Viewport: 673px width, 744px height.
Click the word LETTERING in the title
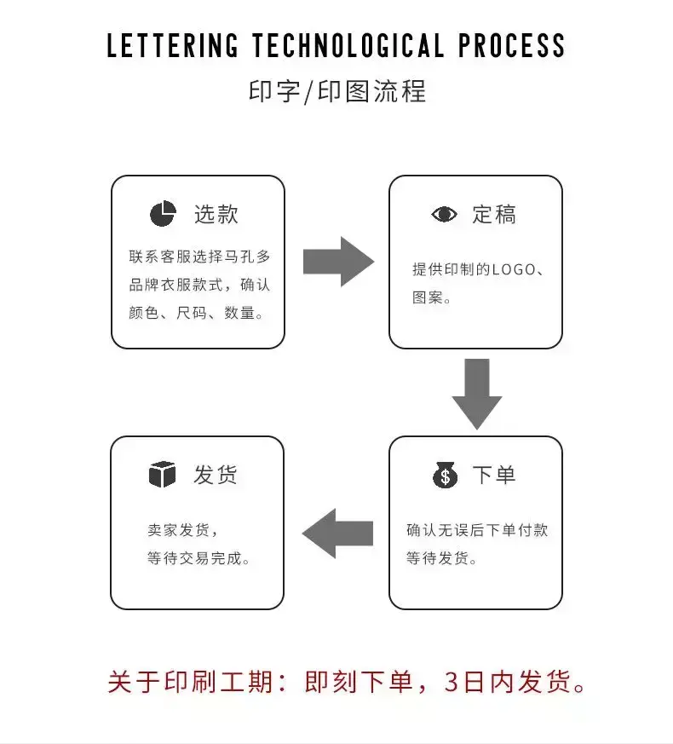click(x=172, y=46)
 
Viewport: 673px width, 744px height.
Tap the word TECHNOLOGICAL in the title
click(x=348, y=46)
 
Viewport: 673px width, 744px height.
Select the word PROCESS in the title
click(x=511, y=46)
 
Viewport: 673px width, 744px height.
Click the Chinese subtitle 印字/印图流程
click(x=336, y=91)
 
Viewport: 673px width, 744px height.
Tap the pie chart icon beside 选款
click(x=163, y=214)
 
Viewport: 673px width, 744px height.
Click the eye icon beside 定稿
click(x=444, y=215)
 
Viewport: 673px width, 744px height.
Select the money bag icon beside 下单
click(x=445, y=474)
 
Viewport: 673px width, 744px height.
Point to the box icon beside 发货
click(x=162, y=475)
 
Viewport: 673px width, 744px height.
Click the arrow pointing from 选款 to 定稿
click(x=338, y=262)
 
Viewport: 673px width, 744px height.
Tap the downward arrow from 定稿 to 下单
click(x=476, y=393)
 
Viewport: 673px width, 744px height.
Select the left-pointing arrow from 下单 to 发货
click(x=337, y=533)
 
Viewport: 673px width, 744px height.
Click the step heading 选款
click(x=216, y=214)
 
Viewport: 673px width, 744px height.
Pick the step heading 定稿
click(x=494, y=215)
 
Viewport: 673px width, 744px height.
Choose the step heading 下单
click(x=494, y=475)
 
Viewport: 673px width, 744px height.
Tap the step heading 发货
click(x=216, y=475)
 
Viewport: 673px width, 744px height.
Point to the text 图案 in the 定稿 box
click(x=428, y=298)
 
